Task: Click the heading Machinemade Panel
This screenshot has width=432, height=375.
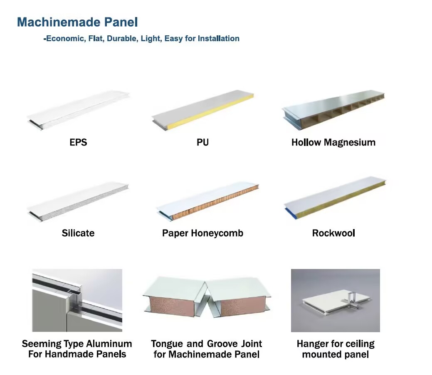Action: [77, 22]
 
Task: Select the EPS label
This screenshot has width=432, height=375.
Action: [78, 142]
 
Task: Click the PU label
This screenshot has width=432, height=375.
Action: [202, 142]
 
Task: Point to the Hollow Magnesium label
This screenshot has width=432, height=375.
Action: [333, 142]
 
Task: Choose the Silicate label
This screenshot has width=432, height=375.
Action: [78, 233]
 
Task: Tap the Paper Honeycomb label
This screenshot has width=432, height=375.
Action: [202, 233]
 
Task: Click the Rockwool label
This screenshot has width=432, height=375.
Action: [333, 233]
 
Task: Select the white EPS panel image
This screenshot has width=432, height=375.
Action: [78, 110]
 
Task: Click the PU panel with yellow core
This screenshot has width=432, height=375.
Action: [203, 110]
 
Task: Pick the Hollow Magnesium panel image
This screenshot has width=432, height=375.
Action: [333, 109]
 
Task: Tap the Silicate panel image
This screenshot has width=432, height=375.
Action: [78, 201]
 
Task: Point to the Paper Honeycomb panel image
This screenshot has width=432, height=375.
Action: [208, 201]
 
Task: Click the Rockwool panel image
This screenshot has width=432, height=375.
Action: [335, 197]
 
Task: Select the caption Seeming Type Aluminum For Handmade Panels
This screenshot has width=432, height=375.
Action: [77, 349]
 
